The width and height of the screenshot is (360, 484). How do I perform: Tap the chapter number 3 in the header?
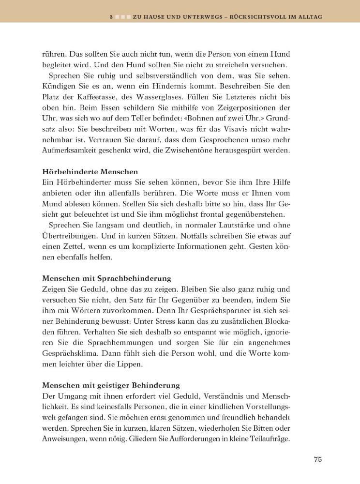coord(111,17)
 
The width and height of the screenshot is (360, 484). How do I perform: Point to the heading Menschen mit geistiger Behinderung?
coord(111,386)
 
